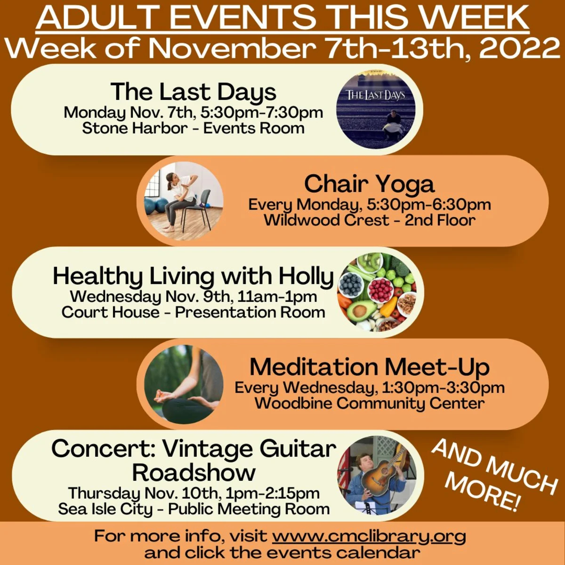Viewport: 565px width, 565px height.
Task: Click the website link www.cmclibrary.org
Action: point(369,536)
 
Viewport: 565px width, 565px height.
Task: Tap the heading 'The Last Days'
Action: point(193,92)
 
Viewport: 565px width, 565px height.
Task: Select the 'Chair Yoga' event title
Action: point(370,184)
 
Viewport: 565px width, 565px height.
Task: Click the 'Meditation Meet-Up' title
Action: point(370,367)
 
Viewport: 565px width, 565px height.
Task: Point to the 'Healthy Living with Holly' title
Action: point(193,276)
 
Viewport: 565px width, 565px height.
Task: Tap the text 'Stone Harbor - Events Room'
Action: point(193,129)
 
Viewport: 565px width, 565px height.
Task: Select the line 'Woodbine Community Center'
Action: point(370,403)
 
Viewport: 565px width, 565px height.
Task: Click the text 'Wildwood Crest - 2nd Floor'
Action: point(370,220)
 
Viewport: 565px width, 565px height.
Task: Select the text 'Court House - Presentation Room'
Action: point(193,312)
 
